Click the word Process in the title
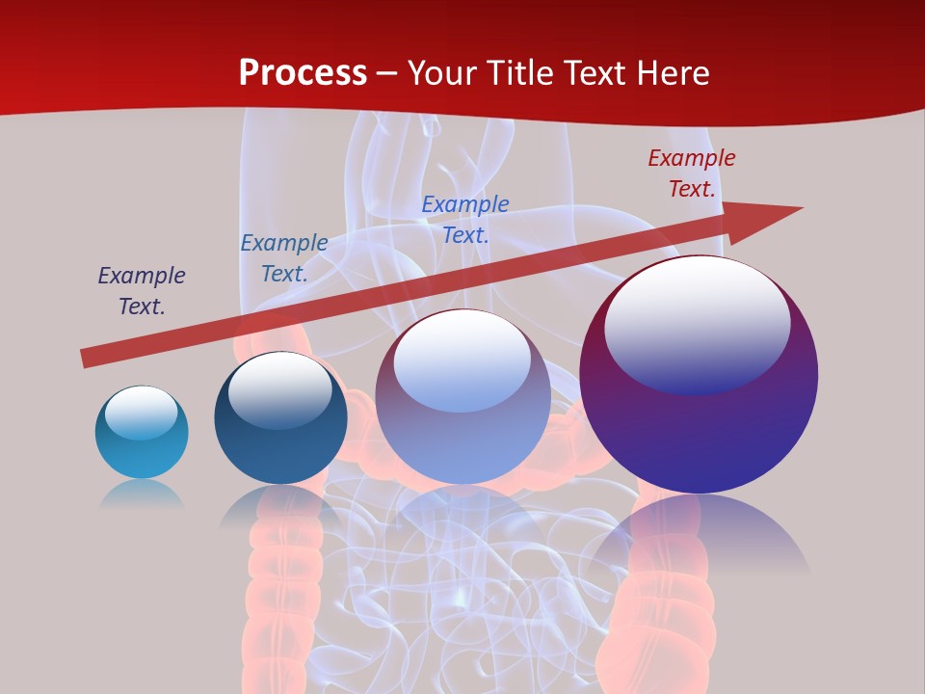[x=303, y=73]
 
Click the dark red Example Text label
[x=692, y=173]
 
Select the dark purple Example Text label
[x=142, y=291]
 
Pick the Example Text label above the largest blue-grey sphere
[x=465, y=219]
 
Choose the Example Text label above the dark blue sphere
[x=284, y=258]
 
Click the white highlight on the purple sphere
[x=698, y=323]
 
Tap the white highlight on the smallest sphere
[x=142, y=411]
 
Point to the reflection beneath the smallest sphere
[x=142, y=494]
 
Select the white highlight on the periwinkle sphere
[x=462, y=359]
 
